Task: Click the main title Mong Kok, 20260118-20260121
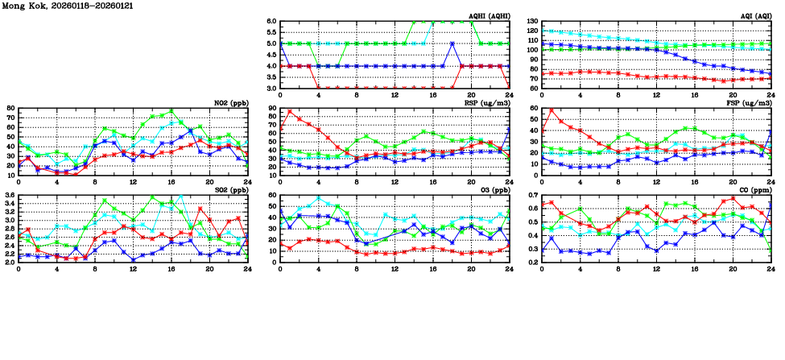pyautogui.click(x=68, y=6)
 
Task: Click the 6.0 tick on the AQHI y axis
pyautogui.click(x=272, y=22)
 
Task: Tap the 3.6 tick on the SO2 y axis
pyautogui.click(x=9, y=196)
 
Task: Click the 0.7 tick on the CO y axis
pyautogui.click(x=532, y=196)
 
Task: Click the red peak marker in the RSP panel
pyautogui.click(x=290, y=112)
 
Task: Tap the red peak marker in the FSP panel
pyautogui.click(x=552, y=110)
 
